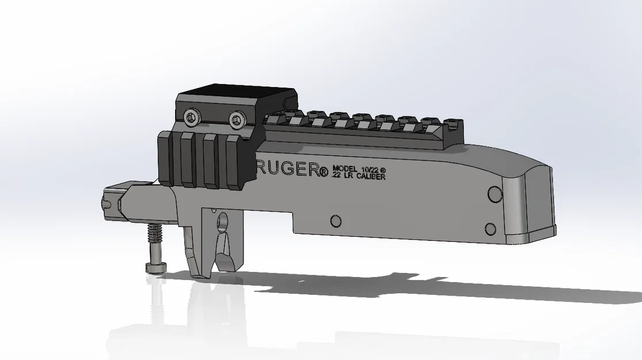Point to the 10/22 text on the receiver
[x=371, y=168]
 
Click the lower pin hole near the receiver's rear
[x=491, y=228]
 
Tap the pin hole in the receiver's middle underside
[x=335, y=221]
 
